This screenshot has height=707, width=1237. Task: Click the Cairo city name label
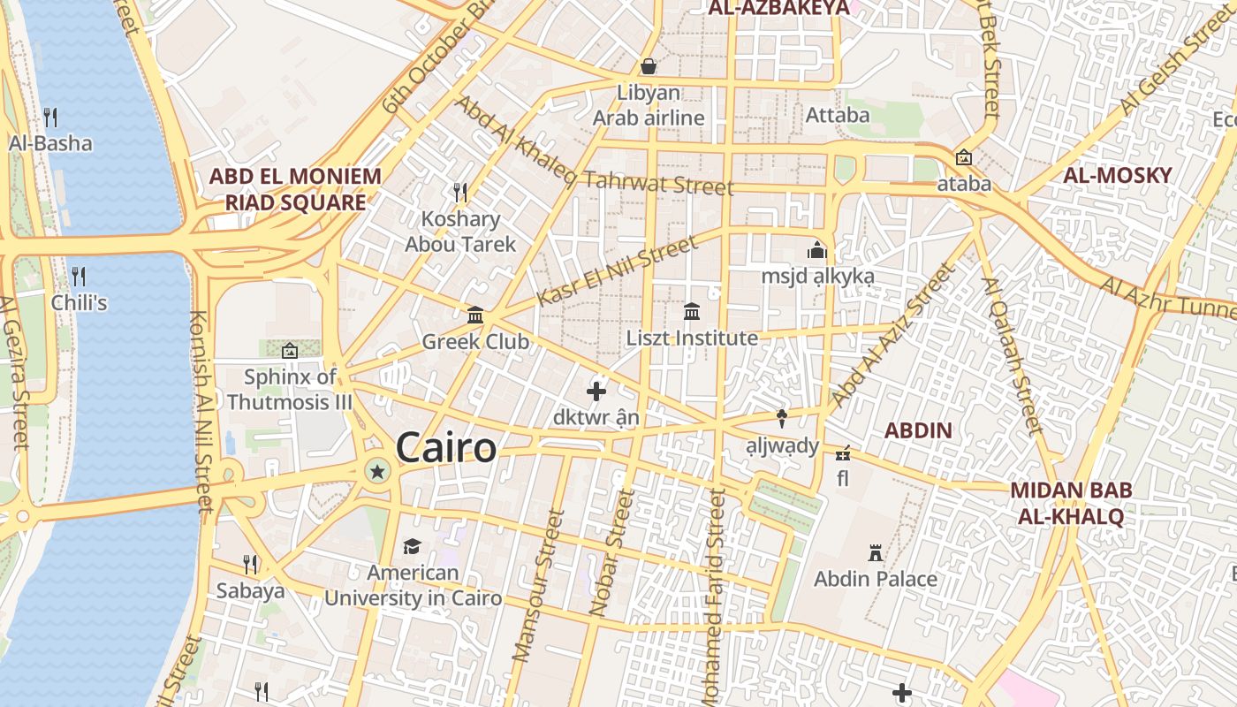point(446,448)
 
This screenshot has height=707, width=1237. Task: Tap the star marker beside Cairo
point(378,471)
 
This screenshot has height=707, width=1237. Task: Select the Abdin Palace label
point(875,579)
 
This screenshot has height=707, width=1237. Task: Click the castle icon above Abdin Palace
point(876,554)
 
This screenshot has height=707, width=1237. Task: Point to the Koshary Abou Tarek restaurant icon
point(459,192)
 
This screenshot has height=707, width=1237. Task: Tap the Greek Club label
point(475,341)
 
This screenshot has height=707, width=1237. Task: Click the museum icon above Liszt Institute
point(692,312)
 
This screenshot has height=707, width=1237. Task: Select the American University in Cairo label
point(413,585)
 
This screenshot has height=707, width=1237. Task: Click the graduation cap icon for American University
point(412,546)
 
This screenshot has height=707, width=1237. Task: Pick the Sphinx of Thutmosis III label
point(290,389)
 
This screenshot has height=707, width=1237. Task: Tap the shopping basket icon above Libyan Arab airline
point(649,66)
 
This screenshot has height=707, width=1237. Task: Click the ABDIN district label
point(919,431)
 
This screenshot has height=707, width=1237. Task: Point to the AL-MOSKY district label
point(1117,175)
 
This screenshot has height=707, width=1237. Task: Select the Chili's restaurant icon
point(79,276)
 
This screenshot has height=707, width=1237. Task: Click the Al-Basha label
point(50,143)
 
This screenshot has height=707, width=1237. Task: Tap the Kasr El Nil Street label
point(617,271)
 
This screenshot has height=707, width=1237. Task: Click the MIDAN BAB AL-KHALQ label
point(1071,503)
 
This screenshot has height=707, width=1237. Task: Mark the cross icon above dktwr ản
point(596,391)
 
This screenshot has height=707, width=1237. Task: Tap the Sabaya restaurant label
point(250,590)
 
